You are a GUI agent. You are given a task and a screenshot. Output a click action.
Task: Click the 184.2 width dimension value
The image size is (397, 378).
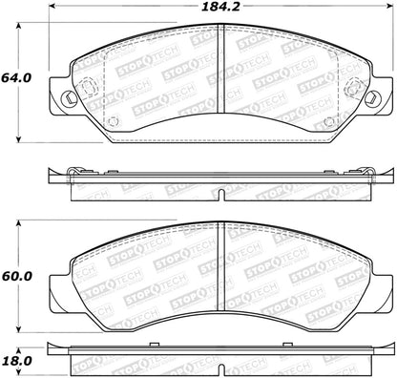pos(220,7)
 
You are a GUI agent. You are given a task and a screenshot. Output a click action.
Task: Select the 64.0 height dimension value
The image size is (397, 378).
pos(16,78)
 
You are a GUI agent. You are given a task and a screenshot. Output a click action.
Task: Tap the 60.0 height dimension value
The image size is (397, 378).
pos(16,276)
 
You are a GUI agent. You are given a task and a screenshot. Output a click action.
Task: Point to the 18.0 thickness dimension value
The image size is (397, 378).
pos(16,361)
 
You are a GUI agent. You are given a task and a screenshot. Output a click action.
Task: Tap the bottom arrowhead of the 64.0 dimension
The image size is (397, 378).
pos(19,137)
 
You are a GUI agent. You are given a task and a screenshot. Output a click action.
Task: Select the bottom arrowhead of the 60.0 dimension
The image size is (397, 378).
pos(19,327)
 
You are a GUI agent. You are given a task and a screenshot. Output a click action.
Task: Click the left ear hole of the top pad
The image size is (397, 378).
pos(70,97)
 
